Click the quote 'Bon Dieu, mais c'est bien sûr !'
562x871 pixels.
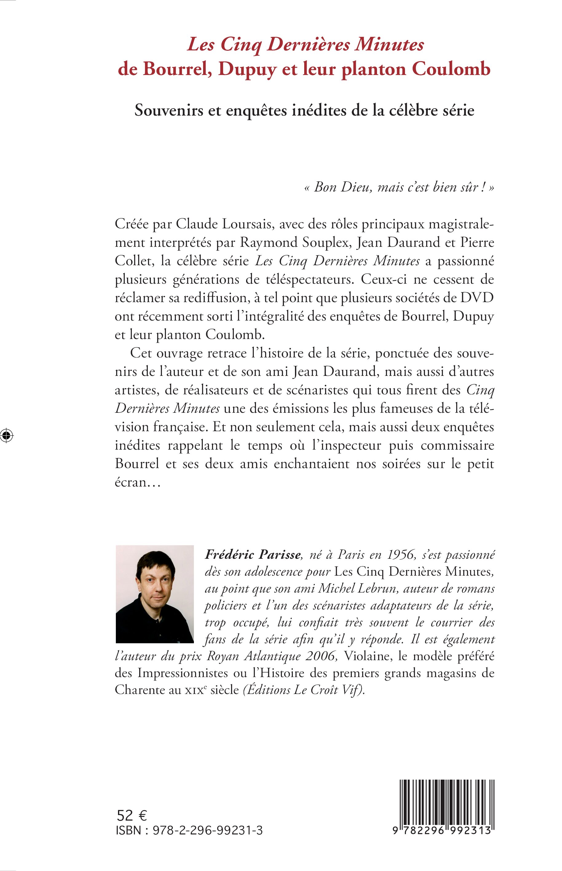pyautogui.click(x=399, y=187)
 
